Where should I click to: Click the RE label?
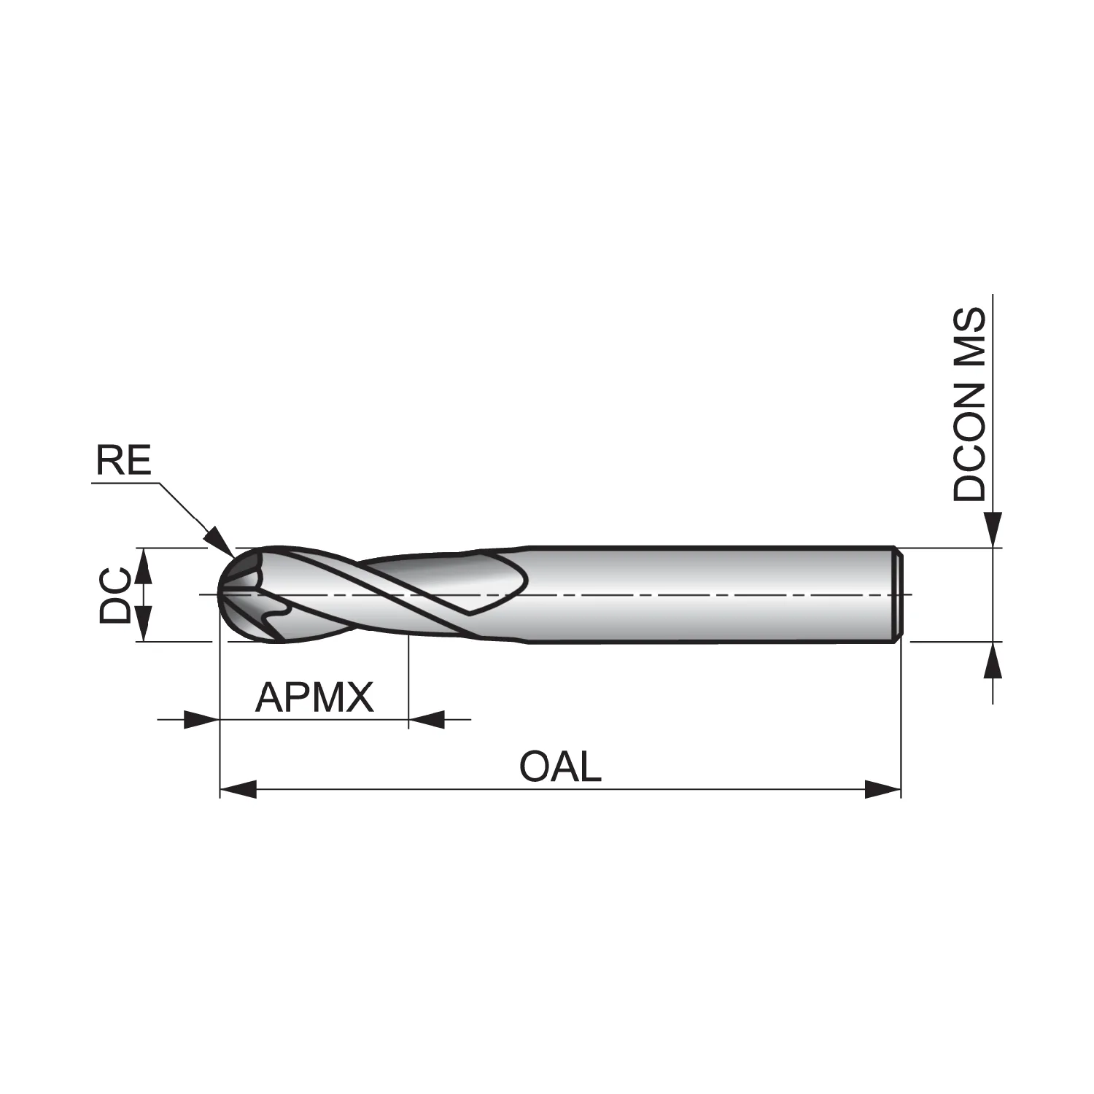[x=123, y=461]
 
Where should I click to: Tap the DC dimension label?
[x=115, y=595]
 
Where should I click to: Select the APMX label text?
[x=314, y=698]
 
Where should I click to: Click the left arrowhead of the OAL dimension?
[x=238, y=789]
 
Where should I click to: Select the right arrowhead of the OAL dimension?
[x=882, y=789]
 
